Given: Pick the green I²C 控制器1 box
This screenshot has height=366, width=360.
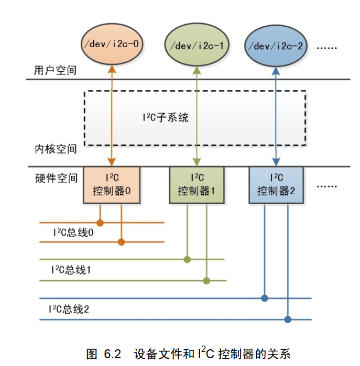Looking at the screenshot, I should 197,185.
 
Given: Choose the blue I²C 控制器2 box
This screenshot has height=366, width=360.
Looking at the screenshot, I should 276,185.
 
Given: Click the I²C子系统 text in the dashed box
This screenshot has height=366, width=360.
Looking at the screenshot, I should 165,118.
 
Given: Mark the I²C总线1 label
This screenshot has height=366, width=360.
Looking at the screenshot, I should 71,270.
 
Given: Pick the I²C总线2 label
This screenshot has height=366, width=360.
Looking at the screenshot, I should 69,309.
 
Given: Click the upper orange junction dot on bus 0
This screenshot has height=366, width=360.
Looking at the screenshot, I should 100,223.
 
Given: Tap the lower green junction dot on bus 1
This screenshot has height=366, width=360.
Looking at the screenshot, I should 206,281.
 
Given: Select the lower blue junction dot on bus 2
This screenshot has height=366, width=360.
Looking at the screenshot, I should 287,319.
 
